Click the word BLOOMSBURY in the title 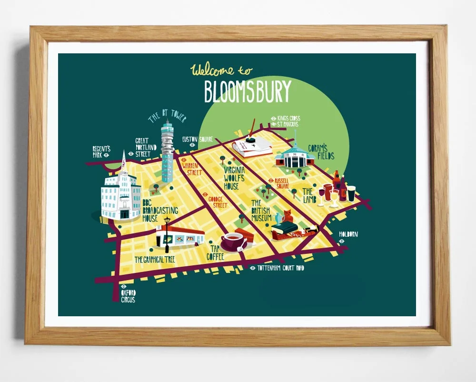point(247,92)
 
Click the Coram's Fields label point(321,152)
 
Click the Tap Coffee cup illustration point(233,241)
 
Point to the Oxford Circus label point(128,296)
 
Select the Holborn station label point(348,234)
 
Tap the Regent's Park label point(101,151)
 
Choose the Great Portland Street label point(142,147)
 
